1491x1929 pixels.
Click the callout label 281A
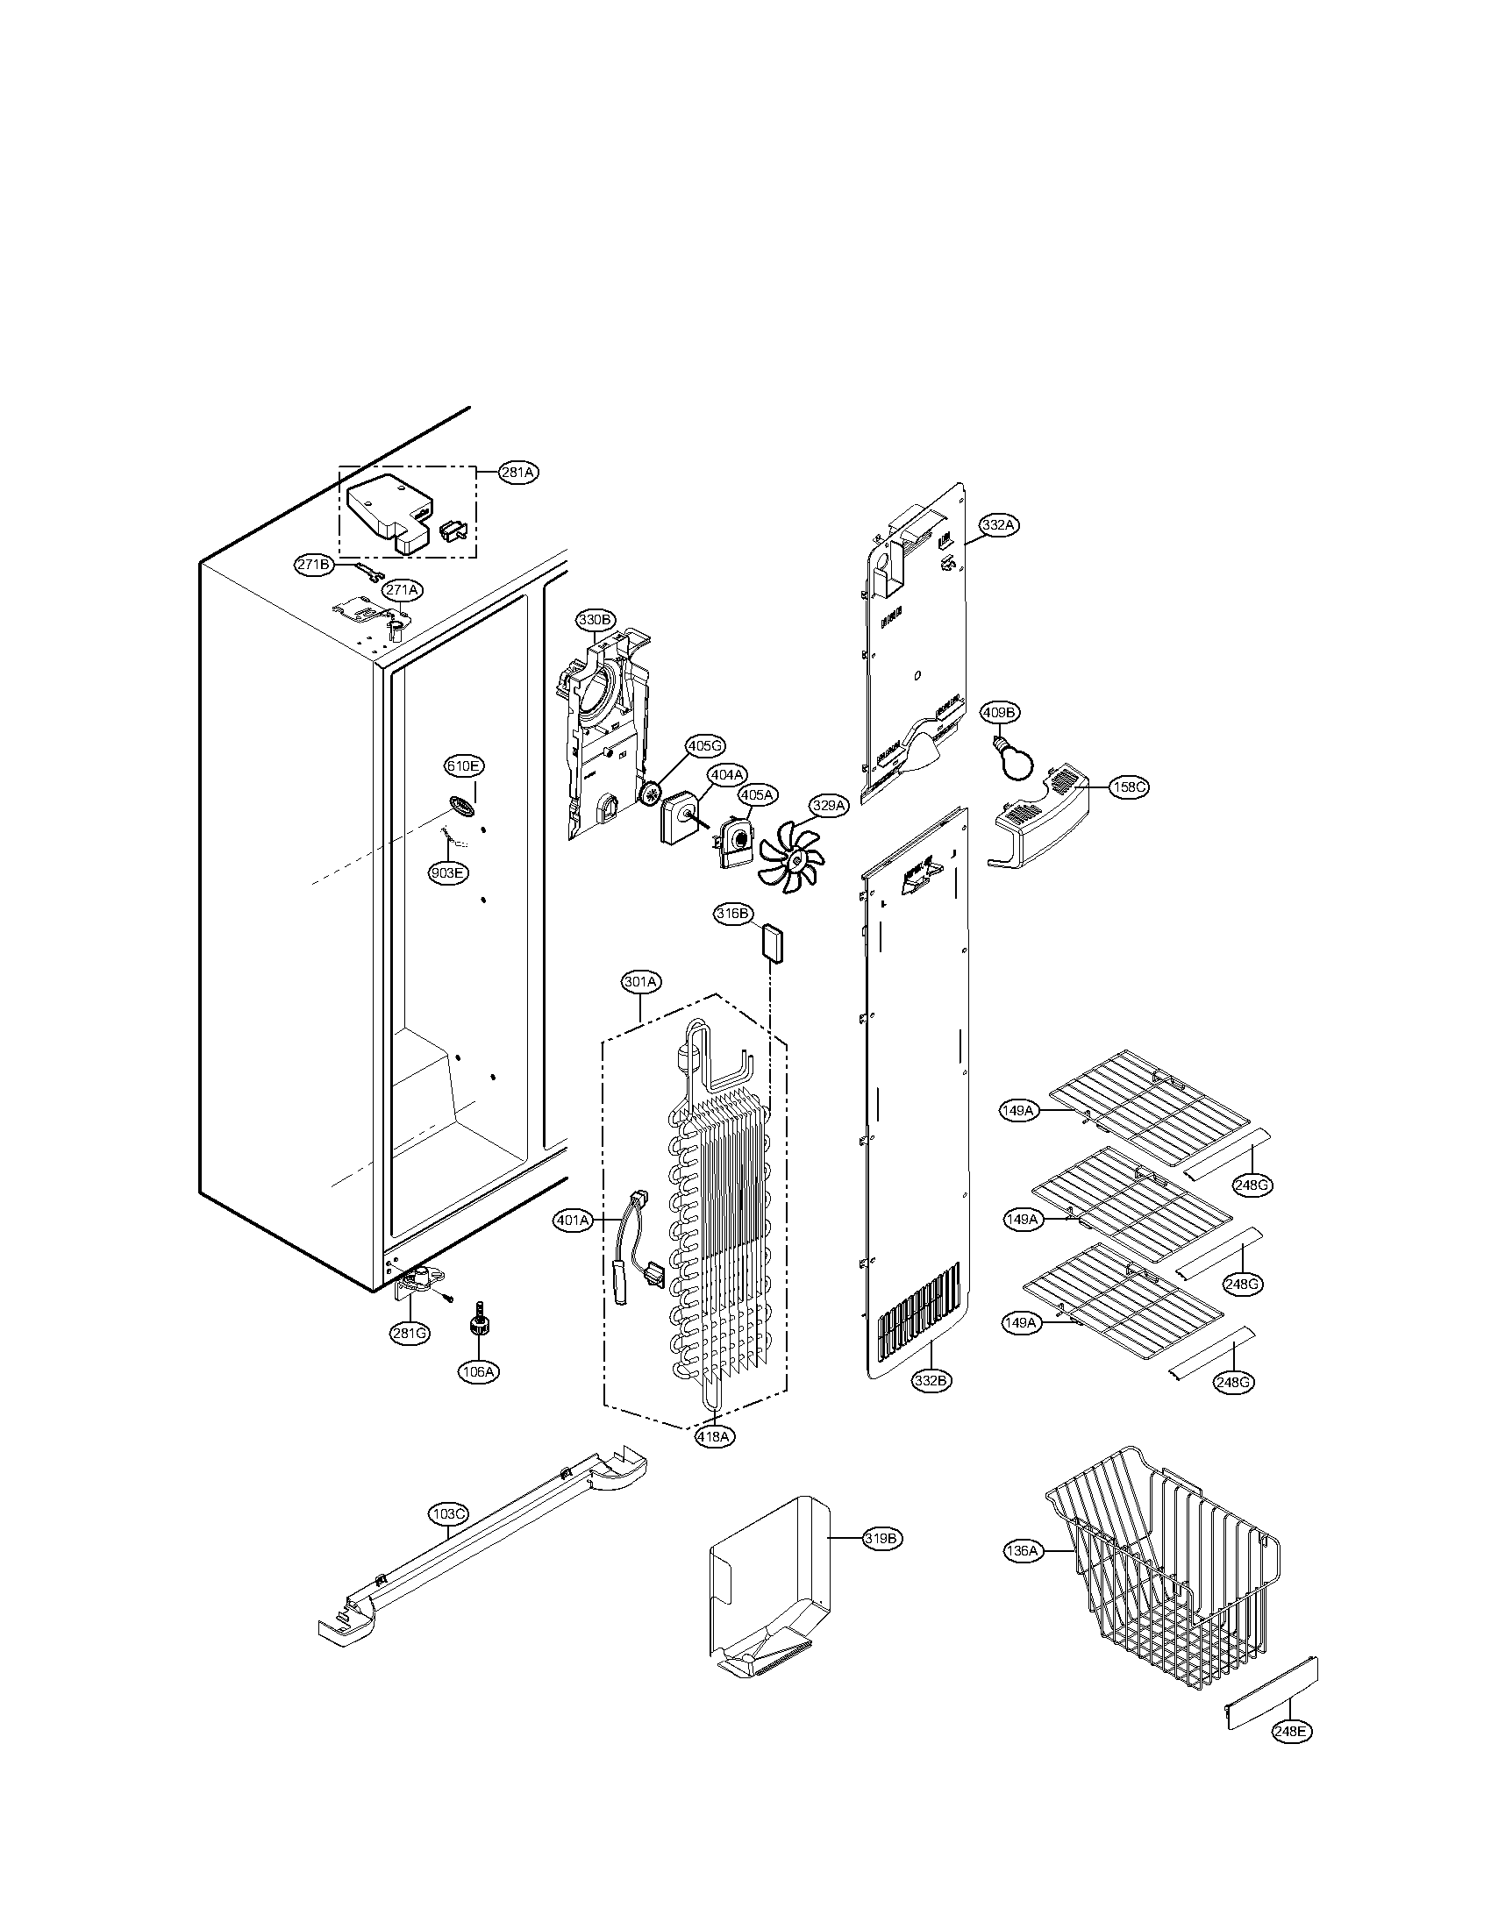tap(518, 473)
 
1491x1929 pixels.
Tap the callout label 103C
tap(449, 1514)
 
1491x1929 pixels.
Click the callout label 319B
tap(881, 1538)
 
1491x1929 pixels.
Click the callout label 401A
tap(573, 1221)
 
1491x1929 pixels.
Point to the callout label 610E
tap(464, 765)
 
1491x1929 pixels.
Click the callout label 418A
tap(714, 1436)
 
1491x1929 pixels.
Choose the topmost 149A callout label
tap(1018, 1110)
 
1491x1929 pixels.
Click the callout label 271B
tap(314, 565)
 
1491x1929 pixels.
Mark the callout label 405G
tap(705, 746)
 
